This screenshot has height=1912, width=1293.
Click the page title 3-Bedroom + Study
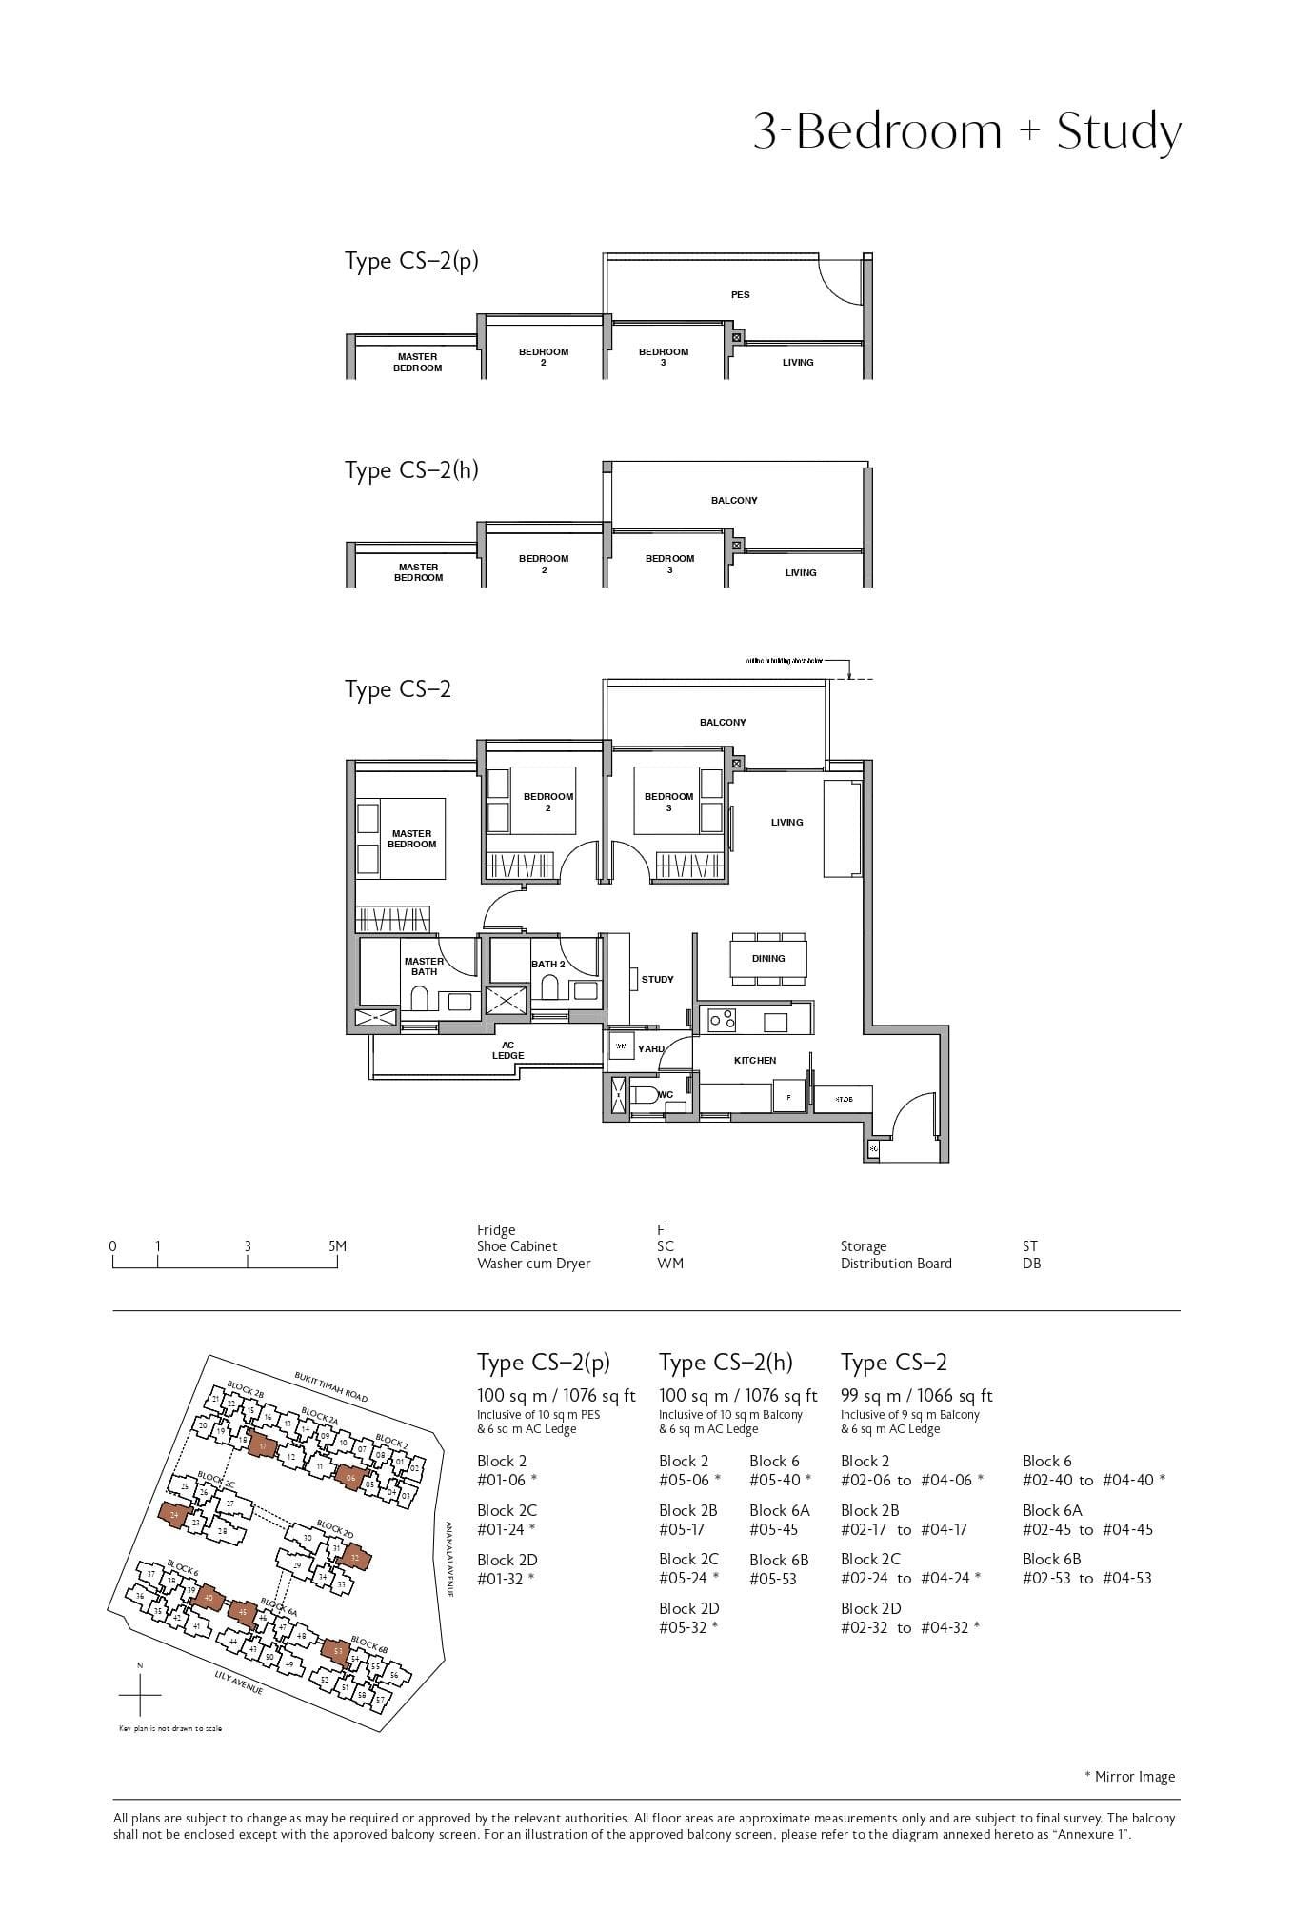(x=966, y=131)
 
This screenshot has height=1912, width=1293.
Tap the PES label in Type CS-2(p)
(x=740, y=294)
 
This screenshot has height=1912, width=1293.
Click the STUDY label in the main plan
(x=657, y=979)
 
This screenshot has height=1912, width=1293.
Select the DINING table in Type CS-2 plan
(x=768, y=958)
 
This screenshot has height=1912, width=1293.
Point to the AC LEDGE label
(x=507, y=1049)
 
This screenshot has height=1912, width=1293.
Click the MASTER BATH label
(x=424, y=966)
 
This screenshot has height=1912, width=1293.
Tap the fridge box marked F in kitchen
(x=788, y=1096)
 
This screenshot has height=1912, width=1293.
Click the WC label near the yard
(x=666, y=1094)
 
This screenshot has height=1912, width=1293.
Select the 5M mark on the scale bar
(x=336, y=1246)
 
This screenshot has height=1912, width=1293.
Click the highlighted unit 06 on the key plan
(x=350, y=1477)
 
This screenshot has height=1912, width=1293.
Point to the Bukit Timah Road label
(x=330, y=1387)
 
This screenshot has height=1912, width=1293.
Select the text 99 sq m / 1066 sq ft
(x=916, y=1395)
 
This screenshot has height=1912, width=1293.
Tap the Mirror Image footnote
(x=1129, y=1776)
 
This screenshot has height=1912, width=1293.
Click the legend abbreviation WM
(x=669, y=1264)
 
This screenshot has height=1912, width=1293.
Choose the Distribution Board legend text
(x=895, y=1264)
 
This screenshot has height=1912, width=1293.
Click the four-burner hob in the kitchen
(x=723, y=1020)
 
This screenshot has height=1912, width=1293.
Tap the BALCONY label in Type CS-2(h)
(x=733, y=500)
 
